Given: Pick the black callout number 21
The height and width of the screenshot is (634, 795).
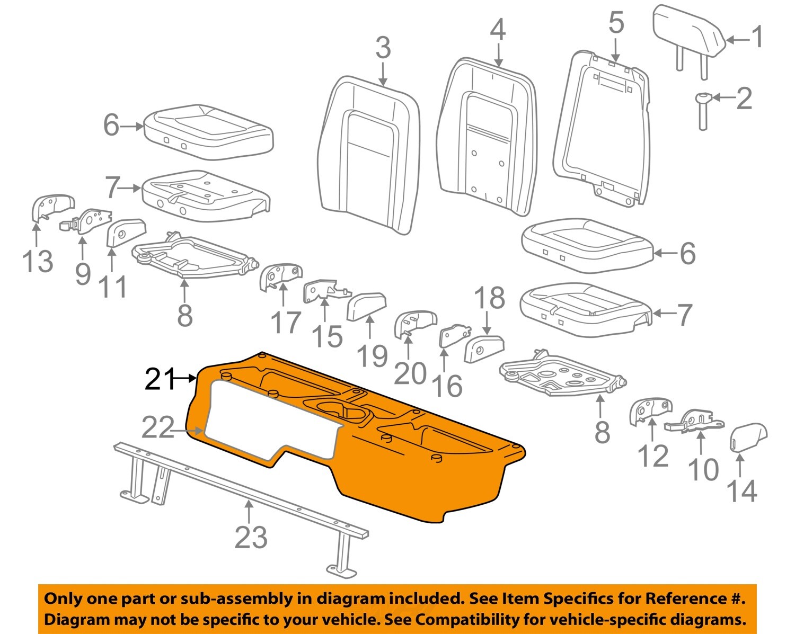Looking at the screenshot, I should pyautogui.click(x=160, y=379).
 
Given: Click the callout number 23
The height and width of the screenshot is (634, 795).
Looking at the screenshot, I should pyautogui.click(x=251, y=538).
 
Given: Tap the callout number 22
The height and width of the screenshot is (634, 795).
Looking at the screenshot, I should pyautogui.click(x=158, y=427).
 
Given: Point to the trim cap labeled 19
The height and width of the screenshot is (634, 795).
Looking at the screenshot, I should pyautogui.click(x=366, y=306).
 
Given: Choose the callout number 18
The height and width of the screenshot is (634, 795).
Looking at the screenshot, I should pyautogui.click(x=489, y=298).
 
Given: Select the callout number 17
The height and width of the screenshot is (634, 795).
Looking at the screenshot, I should pyautogui.click(x=286, y=322).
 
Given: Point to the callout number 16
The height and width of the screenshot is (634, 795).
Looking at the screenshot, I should pyautogui.click(x=447, y=385).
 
